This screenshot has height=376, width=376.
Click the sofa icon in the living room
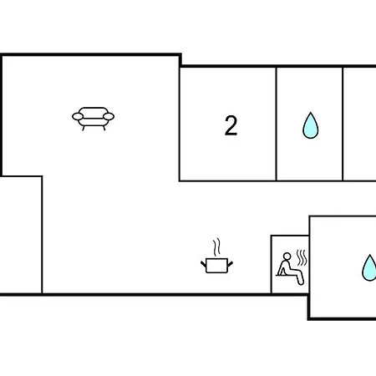93,119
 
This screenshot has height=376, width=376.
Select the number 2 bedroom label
231,125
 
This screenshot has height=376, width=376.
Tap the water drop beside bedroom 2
311,125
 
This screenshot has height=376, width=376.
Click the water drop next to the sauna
369,267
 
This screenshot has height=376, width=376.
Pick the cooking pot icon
216,266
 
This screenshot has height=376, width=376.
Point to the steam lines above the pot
216,247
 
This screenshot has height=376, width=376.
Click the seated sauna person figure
290,268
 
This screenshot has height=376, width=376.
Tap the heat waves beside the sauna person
302,258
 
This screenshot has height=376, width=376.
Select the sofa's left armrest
78,116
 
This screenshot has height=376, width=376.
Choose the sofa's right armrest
109,116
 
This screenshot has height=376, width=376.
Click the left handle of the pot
204,263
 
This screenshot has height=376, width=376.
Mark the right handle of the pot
230,263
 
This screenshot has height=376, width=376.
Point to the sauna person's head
287,257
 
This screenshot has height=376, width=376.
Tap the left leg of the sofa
84,128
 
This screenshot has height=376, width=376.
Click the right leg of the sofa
104,128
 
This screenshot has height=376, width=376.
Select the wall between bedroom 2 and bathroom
277,124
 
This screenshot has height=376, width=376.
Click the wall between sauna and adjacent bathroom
309,265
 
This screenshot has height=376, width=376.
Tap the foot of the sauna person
301,282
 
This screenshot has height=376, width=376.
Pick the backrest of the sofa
93,111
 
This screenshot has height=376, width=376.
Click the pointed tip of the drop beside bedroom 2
311,113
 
